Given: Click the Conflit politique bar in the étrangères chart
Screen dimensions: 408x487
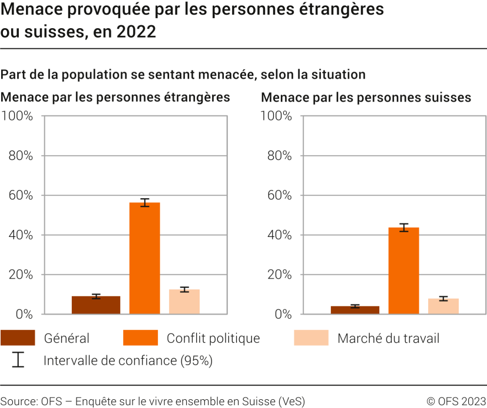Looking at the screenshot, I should (x=145, y=258).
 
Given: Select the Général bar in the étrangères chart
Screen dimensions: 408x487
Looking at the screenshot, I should (x=96, y=305).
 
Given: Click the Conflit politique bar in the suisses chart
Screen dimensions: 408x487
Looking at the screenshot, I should (x=403, y=270).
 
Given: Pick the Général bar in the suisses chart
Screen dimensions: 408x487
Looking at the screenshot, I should (x=355, y=310).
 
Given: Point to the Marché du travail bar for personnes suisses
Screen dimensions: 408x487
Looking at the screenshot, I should (x=443, y=306).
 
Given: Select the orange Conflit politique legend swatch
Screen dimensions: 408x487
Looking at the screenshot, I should (x=140, y=338).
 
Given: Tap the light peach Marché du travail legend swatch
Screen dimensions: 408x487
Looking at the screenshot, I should (x=311, y=338).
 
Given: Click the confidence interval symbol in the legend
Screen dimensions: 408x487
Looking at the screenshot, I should (x=18, y=360).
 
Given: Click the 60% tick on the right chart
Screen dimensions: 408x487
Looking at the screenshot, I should (x=279, y=195).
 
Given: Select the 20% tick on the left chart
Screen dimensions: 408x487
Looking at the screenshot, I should (x=19, y=275).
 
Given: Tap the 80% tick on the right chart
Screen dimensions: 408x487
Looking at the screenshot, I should (x=279, y=156).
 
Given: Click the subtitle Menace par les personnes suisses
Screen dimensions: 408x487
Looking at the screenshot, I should (x=366, y=98).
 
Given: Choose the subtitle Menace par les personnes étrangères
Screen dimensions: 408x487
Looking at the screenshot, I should (x=115, y=98).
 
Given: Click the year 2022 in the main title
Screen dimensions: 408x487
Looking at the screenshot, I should (x=137, y=32).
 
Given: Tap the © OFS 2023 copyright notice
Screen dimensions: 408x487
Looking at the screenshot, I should (x=456, y=402).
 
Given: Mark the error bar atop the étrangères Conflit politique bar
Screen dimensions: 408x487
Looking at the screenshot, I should (x=145, y=202).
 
